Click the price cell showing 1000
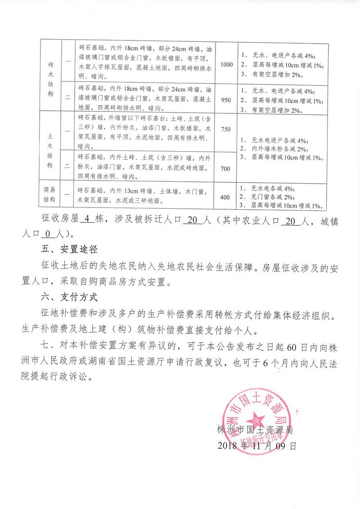pyautogui.click(x=227, y=64)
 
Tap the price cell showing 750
pyautogui.click(x=226, y=129)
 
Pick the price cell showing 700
pyautogui.click(x=226, y=168)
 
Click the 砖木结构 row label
pyautogui.click(x=50, y=78)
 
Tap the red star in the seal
pyautogui.click(x=258, y=417)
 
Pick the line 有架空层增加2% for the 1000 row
pyautogui.click(x=277, y=75)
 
